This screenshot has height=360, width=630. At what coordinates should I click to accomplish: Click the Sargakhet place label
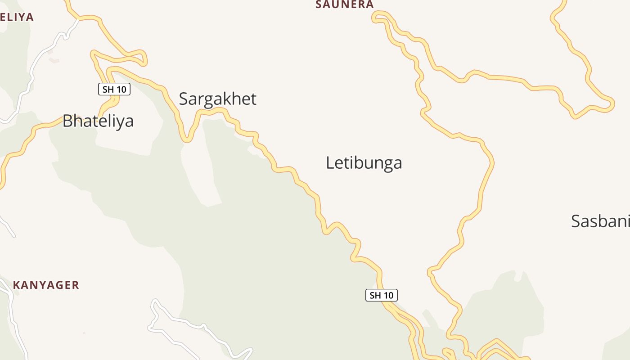click(x=217, y=99)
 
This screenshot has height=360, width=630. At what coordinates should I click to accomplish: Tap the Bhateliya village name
click(x=98, y=121)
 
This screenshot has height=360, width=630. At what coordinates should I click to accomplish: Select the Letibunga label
click(x=364, y=163)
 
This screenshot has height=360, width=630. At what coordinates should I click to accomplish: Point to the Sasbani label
click(x=600, y=221)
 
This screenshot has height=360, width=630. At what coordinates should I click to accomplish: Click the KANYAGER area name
click(x=46, y=285)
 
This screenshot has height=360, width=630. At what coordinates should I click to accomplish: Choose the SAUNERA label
click(x=345, y=4)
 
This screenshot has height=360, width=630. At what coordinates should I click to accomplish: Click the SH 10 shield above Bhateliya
click(x=114, y=89)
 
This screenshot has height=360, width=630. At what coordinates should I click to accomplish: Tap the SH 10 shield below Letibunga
click(x=381, y=295)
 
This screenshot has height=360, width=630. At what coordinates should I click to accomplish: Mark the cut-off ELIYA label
click(x=17, y=17)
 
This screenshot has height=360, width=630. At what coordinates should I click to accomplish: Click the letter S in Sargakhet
click(x=184, y=99)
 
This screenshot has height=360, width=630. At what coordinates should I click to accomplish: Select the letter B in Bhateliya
click(x=67, y=121)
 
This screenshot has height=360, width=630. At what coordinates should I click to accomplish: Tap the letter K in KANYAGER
click(x=16, y=285)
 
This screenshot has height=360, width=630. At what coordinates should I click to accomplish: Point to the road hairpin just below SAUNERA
click(x=375, y=18)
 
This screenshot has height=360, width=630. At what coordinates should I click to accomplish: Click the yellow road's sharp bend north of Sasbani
click(x=610, y=103)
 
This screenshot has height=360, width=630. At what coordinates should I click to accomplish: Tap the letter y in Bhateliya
click(x=117, y=123)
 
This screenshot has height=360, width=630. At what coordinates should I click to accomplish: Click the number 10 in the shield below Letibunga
click(x=388, y=295)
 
